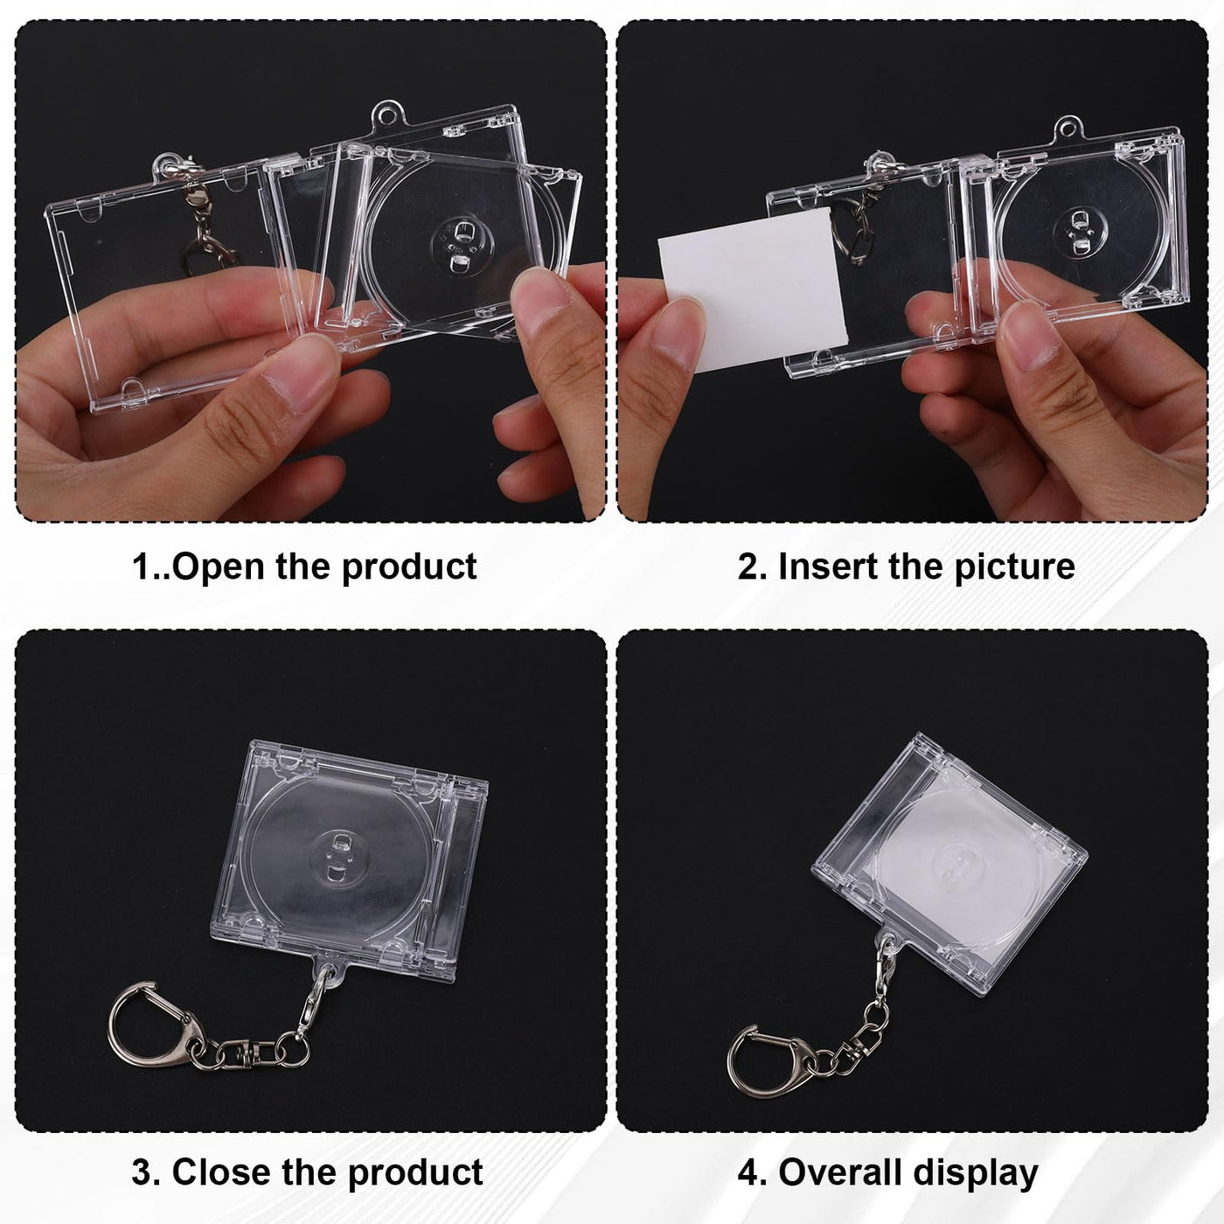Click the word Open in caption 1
pos(219,567)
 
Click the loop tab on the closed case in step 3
pos(329,972)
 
